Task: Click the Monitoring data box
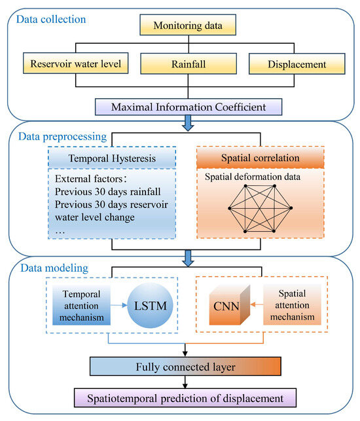tap(188, 26)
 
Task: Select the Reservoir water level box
tap(76, 64)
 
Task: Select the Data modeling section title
tap(51, 268)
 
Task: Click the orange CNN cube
tap(225, 306)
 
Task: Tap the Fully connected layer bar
tap(188, 368)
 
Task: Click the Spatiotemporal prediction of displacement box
tap(188, 397)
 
